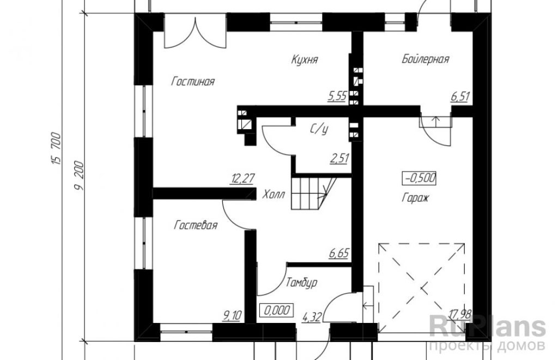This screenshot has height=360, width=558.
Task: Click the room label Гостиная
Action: tap(193, 82)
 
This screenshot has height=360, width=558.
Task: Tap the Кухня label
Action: tap(304, 59)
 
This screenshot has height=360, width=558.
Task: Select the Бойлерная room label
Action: tap(425, 59)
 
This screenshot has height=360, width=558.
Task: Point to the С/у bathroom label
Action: tap(318, 130)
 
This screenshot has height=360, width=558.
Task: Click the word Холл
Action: tap(274, 194)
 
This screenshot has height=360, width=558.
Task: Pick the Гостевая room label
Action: tap(196, 225)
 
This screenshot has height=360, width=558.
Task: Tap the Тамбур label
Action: tap(301, 283)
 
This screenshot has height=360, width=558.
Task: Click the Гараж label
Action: tap(415, 198)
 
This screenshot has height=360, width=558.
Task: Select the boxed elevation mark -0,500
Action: tap(419, 178)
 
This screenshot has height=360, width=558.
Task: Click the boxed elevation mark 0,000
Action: tap(277, 310)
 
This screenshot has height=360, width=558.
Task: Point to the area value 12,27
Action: tap(242, 178)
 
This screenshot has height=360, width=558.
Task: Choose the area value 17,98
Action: tap(460, 314)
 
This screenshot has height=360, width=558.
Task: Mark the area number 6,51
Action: tap(460, 97)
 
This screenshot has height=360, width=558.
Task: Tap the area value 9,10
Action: tap(232, 315)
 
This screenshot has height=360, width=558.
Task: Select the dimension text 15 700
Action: tap(57, 149)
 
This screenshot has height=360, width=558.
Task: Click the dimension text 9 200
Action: tap(79, 176)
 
